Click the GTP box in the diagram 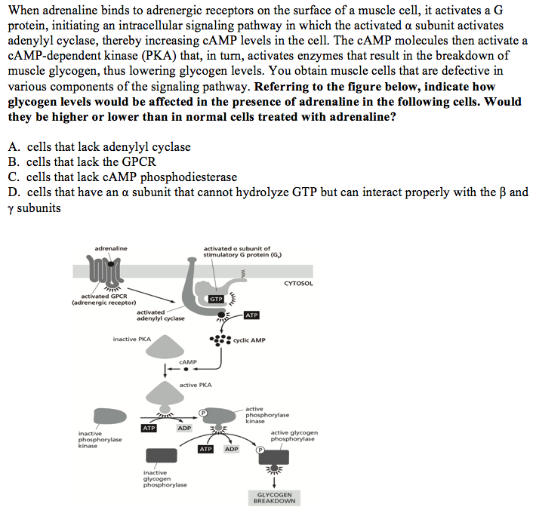click(217, 300)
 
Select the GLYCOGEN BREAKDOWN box click(275, 498)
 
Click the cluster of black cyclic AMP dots click(223, 340)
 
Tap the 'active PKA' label click(196, 385)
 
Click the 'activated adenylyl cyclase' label click(159, 315)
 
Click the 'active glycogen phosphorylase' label click(294, 435)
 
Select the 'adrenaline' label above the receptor click(111, 248)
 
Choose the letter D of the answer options click(12, 192)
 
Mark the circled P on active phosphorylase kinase click(203, 413)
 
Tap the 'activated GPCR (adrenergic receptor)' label click(103, 300)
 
